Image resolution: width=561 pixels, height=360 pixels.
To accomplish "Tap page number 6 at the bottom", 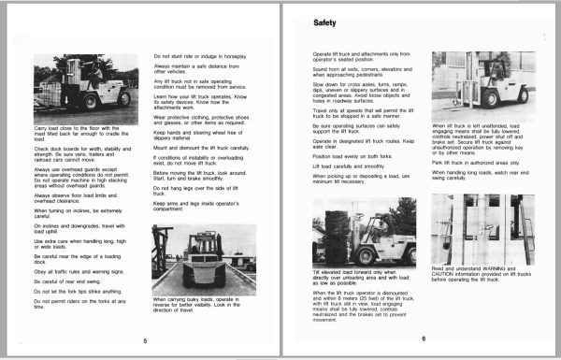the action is (424, 338).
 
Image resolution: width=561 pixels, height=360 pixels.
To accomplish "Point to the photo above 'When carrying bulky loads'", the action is (204, 259).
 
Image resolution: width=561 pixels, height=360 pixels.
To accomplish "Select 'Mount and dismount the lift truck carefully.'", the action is (201, 148).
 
